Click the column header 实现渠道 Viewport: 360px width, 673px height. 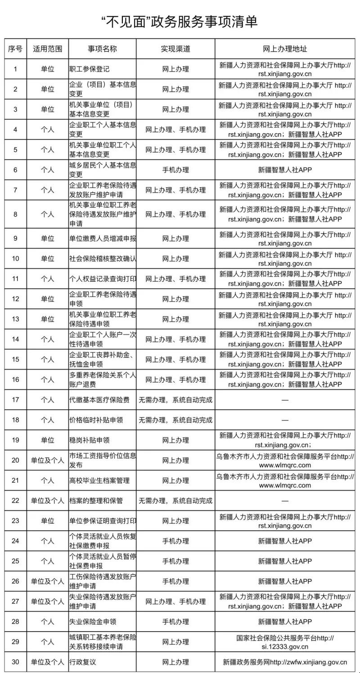pyautogui.click(x=175, y=49)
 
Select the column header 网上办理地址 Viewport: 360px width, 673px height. pyautogui.click(x=285, y=49)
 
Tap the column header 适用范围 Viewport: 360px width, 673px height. pyautogui.click(x=48, y=49)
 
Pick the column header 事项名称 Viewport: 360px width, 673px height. pyautogui.click(x=102, y=49)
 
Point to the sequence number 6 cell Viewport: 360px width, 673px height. pyautogui.click(x=15, y=170)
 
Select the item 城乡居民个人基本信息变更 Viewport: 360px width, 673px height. pyautogui.click(x=103, y=170)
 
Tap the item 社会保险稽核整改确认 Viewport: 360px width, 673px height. pyautogui.click(x=103, y=259)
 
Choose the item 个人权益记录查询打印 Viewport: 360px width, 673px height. pyautogui.click(x=103, y=279)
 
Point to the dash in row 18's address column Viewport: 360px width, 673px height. pyautogui.click(x=285, y=420)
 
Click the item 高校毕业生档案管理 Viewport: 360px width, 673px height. pyautogui.click(x=99, y=480)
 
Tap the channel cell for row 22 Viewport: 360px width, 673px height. pyautogui.click(x=175, y=501)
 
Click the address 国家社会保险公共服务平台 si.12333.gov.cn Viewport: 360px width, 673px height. pyautogui.click(x=285, y=642)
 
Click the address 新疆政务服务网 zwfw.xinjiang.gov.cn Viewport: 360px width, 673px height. pyautogui.click(x=285, y=662)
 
